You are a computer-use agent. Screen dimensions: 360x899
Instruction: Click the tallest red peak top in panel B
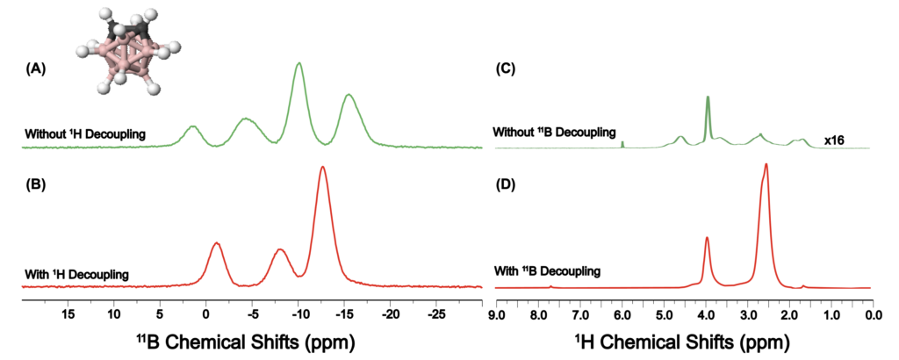point(323,169)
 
